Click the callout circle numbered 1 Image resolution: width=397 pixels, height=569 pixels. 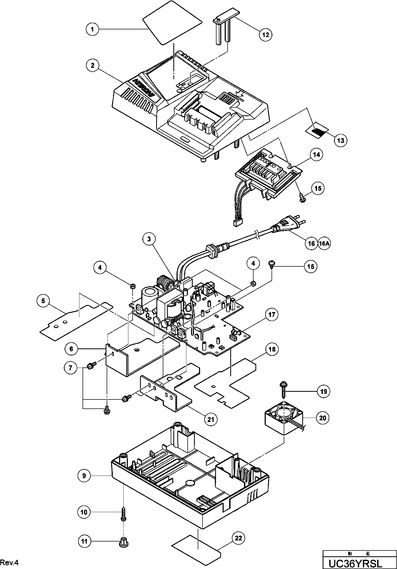[92, 29]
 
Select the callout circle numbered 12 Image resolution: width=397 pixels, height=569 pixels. [265, 34]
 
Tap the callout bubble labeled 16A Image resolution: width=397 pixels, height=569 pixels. [324, 243]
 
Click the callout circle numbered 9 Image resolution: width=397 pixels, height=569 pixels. [84, 476]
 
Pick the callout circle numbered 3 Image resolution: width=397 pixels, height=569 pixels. [149, 239]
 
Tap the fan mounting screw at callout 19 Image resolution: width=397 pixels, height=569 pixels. [283, 391]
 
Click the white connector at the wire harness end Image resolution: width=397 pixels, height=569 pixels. [238, 223]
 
